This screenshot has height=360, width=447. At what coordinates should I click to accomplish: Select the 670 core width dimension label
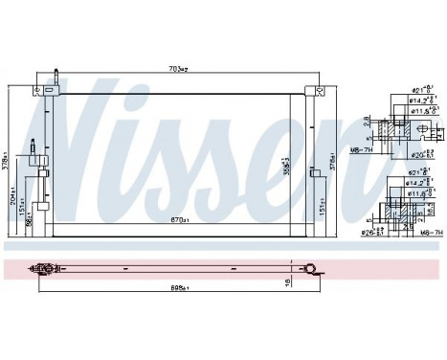pos(178,221)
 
